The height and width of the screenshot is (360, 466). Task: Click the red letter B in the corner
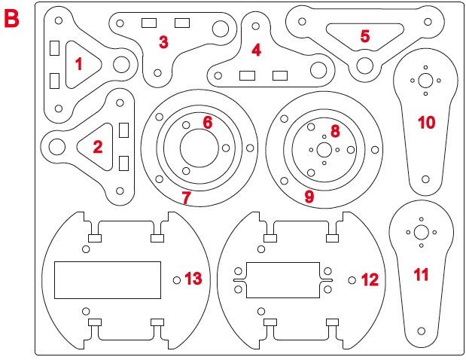click(13, 19)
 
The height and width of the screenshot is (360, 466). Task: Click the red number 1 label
click(78, 65)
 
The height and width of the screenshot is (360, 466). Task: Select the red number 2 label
click(97, 146)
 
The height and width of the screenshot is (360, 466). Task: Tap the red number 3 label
click(163, 42)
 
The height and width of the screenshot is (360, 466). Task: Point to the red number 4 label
click(256, 50)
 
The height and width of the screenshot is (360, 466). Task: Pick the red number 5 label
click(365, 35)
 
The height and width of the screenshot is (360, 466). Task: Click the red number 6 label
click(208, 121)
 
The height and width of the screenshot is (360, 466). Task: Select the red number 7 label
click(187, 197)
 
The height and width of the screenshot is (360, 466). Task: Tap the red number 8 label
click(334, 131)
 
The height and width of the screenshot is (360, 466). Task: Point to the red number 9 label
click(309, 197)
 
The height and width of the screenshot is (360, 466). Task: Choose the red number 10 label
click(426, 122)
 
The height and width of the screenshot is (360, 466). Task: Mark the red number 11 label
click(421, 275)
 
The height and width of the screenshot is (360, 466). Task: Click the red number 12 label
click(370, 280)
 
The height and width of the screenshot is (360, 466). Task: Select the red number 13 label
click(193, 279)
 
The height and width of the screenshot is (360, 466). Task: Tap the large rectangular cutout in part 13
click(108, 279)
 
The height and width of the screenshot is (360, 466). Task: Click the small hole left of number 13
click(177, 280)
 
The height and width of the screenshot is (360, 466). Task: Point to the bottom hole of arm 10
click(425, 179)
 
